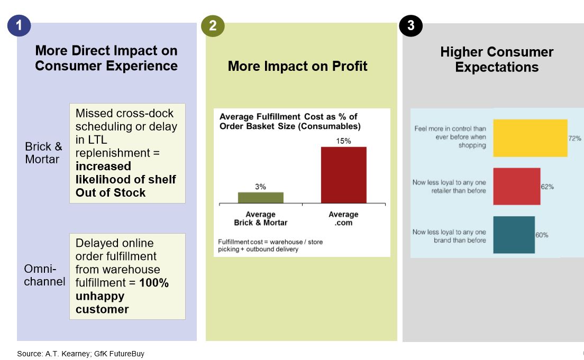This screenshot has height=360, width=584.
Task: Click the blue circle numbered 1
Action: pos(19,26)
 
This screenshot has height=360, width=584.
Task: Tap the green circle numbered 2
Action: pos(213,26)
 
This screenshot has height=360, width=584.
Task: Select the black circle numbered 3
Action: pos(410,26)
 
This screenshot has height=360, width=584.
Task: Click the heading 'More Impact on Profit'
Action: pos(297,66)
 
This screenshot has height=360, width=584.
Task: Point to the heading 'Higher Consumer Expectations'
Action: pos(497,59)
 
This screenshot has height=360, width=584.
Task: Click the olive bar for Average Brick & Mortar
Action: pos(260,198)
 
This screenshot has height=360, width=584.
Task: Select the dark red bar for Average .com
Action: pos(343,175)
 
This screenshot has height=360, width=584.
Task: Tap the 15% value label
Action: pos(343,141)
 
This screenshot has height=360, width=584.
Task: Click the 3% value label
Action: pos(260,187)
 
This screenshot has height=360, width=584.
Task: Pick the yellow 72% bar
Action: pos(530,138)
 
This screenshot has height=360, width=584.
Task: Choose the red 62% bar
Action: pos(516,187)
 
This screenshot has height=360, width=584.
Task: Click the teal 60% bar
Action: pos(514,235)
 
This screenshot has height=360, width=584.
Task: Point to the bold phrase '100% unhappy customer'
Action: pos(122,296)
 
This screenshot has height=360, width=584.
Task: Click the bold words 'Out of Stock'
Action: pos(111,192)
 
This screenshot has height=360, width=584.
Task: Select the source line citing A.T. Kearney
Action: pos(80,354)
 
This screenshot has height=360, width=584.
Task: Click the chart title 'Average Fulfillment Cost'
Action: pos(289,122)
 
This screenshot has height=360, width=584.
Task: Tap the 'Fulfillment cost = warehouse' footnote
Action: pos(270,245)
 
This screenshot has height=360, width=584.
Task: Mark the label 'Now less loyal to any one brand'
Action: pos(449,236)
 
